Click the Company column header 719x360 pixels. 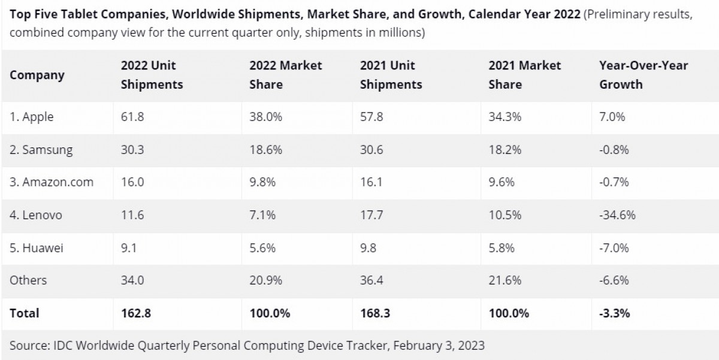tap(37, 75)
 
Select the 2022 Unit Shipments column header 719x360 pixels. tap(152, 75)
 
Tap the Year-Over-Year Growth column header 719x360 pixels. tap(644, 75)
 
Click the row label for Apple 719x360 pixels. tap(32, 117)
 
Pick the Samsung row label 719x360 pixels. tap(41, 150)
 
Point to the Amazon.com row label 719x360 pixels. tap(52, 182)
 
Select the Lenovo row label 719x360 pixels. tap(36, 215)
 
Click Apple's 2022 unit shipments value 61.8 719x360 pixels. tap(132, 117)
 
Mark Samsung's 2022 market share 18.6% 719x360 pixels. tap(262, 150)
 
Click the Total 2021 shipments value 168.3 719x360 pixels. tap(375, 313)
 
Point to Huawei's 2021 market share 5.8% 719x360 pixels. tap(502, 247)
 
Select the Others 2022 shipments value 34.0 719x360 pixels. tap(133, 280)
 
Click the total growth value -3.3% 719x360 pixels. tap(615, 313)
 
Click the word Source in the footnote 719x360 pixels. tap(29, 346)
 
